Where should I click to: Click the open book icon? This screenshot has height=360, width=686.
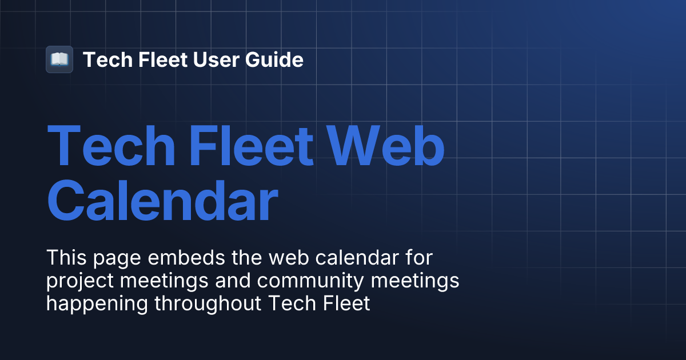(59, 59)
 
